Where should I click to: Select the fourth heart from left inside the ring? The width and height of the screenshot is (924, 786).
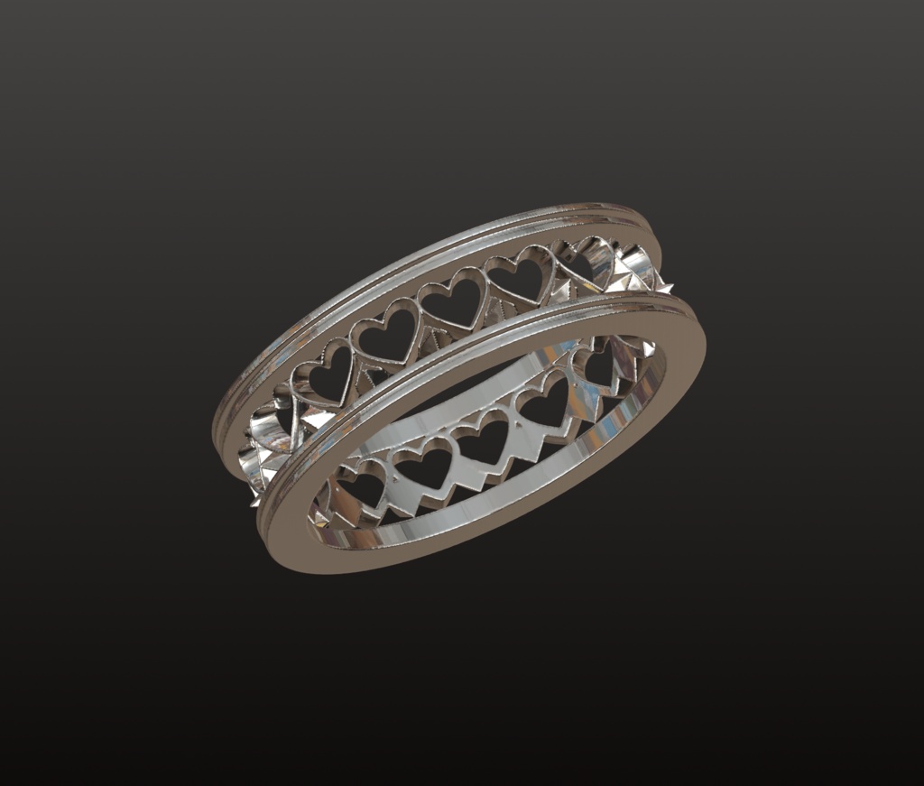tap(547, 404)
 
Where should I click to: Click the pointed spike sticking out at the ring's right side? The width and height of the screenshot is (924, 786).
tap(667, 288)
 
